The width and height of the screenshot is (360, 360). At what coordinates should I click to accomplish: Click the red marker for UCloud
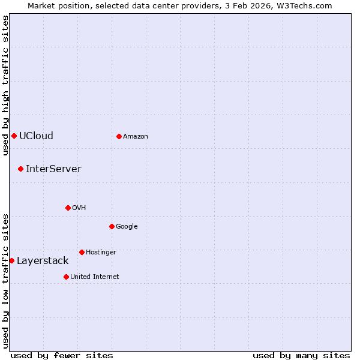[x=14, y=136]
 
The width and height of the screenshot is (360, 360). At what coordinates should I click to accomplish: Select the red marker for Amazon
[x=119, y=136]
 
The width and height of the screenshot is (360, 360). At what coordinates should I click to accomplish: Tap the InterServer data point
[x=20, y=169]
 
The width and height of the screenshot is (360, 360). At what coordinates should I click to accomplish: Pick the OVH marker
[x=68, y=208]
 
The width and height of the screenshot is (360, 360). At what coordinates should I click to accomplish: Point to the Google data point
[x=112, y=226]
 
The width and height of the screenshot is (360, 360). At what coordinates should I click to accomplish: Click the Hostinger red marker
[x=82, y=252]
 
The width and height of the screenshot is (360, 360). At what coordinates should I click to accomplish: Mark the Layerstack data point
[x=11, y=260]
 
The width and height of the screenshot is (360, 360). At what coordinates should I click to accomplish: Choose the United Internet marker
[x=66, y=277]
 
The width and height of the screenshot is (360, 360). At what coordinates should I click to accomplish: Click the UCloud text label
[x=36, y=136]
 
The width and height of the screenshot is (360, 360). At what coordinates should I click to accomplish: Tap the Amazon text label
[x=136, y=136]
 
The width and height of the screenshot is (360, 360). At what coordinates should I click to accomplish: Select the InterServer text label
[x=53, y=169]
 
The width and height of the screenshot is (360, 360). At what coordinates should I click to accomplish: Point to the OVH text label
[x=79, y=208]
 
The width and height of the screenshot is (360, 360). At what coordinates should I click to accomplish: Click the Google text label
[x=127, y=226]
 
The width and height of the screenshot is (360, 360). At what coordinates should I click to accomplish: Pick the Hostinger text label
[x=101, y=252]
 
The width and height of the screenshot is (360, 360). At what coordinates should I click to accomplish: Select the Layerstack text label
[x=43, y=260]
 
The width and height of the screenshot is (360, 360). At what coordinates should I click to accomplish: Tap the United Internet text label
[x=94, y=277]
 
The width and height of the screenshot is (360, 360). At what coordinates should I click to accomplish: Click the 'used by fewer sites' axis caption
[x=62, y=355]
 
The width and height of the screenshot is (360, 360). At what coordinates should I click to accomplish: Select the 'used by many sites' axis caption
[x=301, y=355]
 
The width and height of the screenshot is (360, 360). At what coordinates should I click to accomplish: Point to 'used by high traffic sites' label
[x=5, y=85]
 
